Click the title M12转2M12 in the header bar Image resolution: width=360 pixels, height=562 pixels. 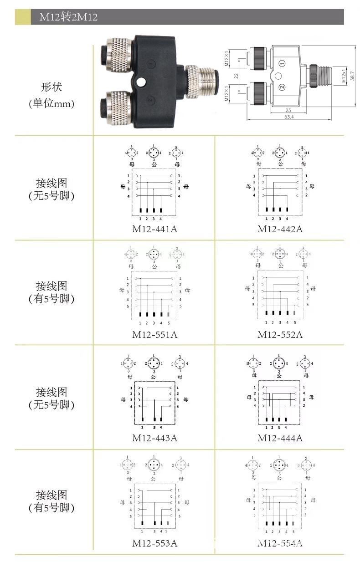click(x=68, y=17)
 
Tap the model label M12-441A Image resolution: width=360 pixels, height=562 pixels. click(x=154, y=229)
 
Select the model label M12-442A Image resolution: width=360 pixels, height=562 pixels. click(x=280, y=229)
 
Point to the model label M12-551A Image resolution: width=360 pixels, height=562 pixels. click(x=154, y=335)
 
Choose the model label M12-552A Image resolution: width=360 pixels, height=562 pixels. click(x=280, y=335)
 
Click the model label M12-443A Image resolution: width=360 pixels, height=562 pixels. click(x=154, y=438)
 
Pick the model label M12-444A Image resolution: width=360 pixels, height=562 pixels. click(x=280, y=438)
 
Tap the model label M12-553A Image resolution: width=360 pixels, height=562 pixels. click(x=154, y=543)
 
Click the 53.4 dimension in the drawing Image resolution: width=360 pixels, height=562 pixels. click(x=289, y=117)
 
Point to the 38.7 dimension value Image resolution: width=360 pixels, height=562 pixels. click(x=352, y=75)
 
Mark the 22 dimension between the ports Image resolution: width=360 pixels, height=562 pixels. click(x=237, y=76)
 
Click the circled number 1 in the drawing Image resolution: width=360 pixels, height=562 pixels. click(x=282, y=63)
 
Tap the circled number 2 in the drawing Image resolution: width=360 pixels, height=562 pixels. click(x=282, y=87)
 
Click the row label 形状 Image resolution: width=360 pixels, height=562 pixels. click(x=51, y=87)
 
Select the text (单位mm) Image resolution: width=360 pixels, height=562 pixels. click(x=51, y=103)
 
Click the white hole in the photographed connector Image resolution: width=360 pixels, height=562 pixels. click(x=141, y=82)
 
